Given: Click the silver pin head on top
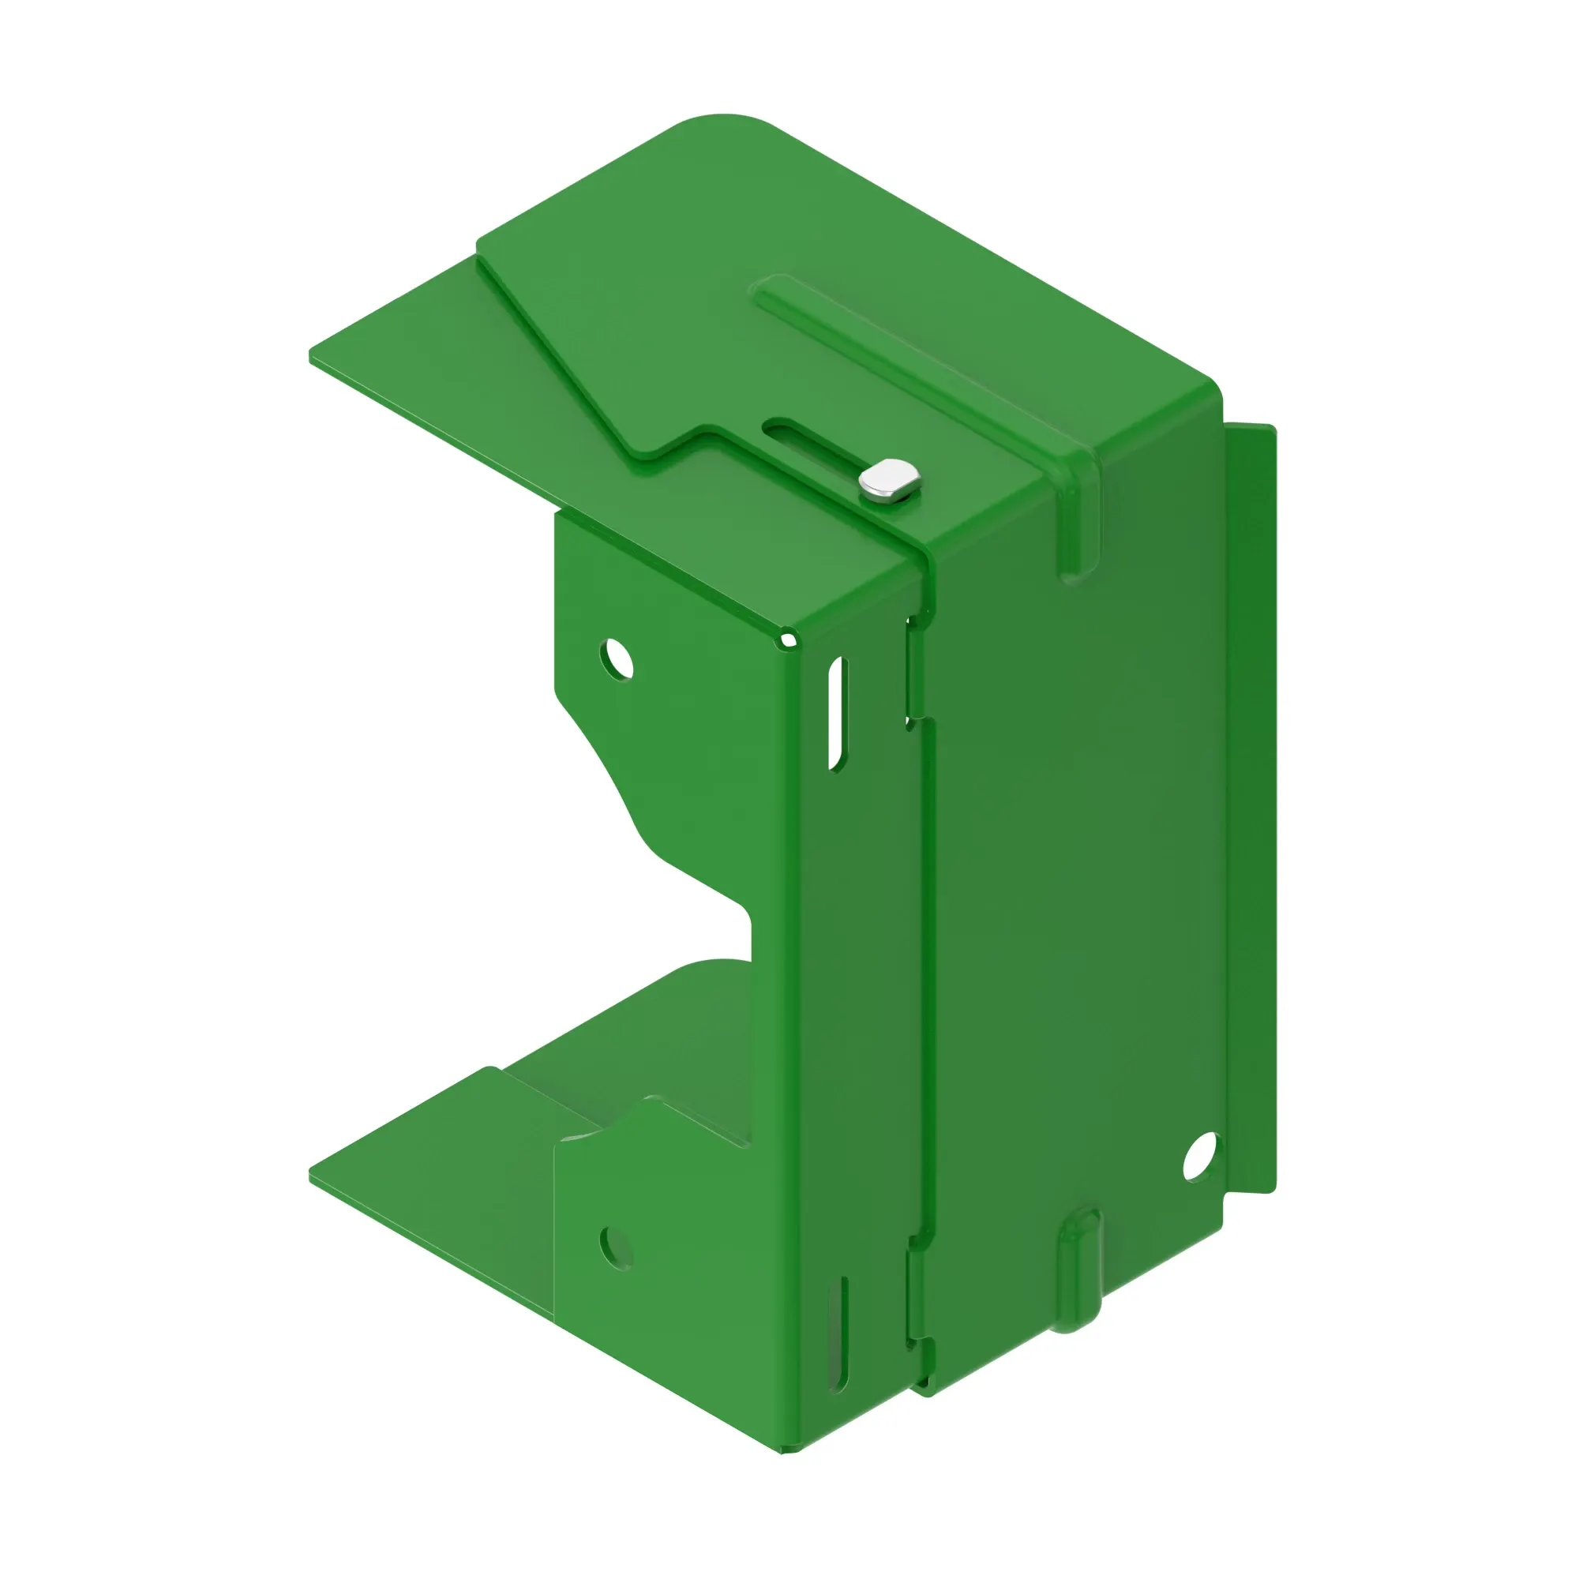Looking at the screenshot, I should tap(890, 481).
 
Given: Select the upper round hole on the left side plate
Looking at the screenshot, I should tap(617, 659).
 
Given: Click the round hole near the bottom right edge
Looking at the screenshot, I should tap(1200, 1156).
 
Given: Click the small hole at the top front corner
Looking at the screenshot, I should tap(788, 640).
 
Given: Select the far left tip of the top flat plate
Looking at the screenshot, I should tap(312, 356).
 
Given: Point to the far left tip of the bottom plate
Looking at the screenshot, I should tap(312, 1176).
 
